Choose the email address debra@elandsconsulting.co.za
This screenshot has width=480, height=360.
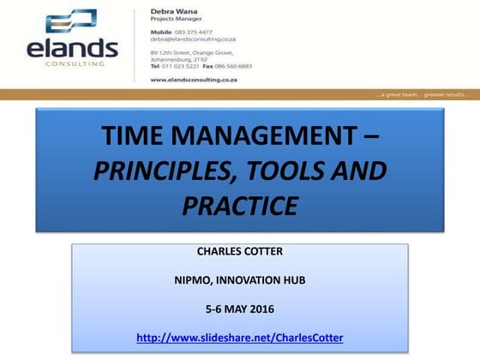[195, 39]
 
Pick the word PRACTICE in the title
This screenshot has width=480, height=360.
[240, 206]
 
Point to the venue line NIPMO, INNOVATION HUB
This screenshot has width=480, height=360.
[239, 281]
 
